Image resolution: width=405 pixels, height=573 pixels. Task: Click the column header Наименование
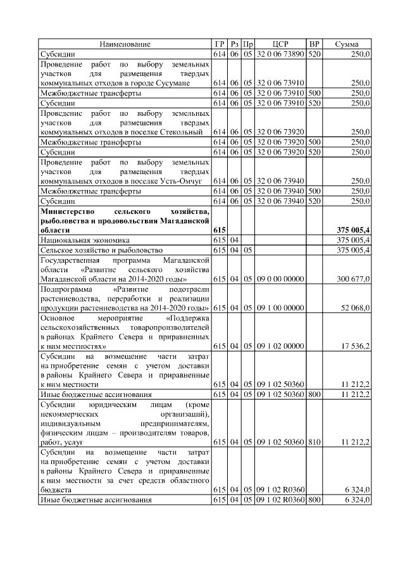[x=125, y=44]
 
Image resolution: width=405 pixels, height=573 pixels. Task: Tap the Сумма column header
[x=347, y=44]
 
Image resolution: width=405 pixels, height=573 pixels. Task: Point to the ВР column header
[x=314, y=44]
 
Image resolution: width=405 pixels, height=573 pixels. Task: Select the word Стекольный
[x=183, y=132]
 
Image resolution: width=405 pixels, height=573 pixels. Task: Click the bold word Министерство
[x=67, y=210]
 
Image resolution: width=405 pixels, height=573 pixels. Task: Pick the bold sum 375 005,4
[x=352, y=230]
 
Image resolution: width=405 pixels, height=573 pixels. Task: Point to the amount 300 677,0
[x=352, y=279]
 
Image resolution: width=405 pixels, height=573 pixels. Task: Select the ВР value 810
[x=314, y=441]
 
